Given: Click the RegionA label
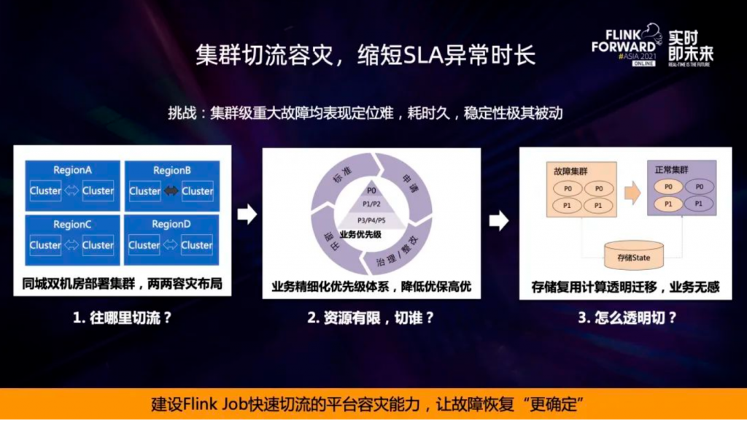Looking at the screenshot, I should [x=72, y=170].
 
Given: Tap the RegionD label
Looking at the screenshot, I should [x=171, y=225].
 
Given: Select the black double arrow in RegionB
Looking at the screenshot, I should [x=171, y=191].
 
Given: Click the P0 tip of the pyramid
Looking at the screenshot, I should [x=371, y=191].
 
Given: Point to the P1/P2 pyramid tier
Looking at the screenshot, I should [x=371, y=204].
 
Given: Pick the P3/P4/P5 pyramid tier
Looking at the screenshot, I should [x=371, y=220].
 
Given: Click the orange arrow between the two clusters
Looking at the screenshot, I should [x=632, y=193].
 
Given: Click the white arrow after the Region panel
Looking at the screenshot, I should [x=248, y=214].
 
